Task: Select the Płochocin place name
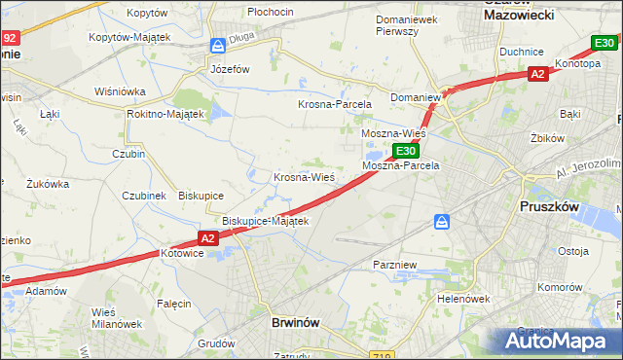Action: pyautogui.click(x=271, y=11)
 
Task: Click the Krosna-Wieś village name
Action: pyautogui.click(x=304, y=177)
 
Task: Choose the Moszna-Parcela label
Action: pyautogui.click(x=401, y=165)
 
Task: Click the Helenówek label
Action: pyautogui.click(x=461, y=299)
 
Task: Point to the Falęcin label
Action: pyautogui.click(x=173, y=304)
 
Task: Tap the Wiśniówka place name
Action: pyautogui.click(x=120, y=90)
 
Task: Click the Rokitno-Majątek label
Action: pyautogui.click(x=165, y=114)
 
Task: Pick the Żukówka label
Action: pyautogui.click(x=48, y=183)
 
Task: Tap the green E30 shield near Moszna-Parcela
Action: pyautogui.click(x=407, y=151)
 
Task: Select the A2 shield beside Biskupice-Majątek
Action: pyautogui.click(x=207, y=237)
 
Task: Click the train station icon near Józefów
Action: pyautogui.click(x=219, y=46)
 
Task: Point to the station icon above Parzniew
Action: pyautogui.click(x=442, y=222)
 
